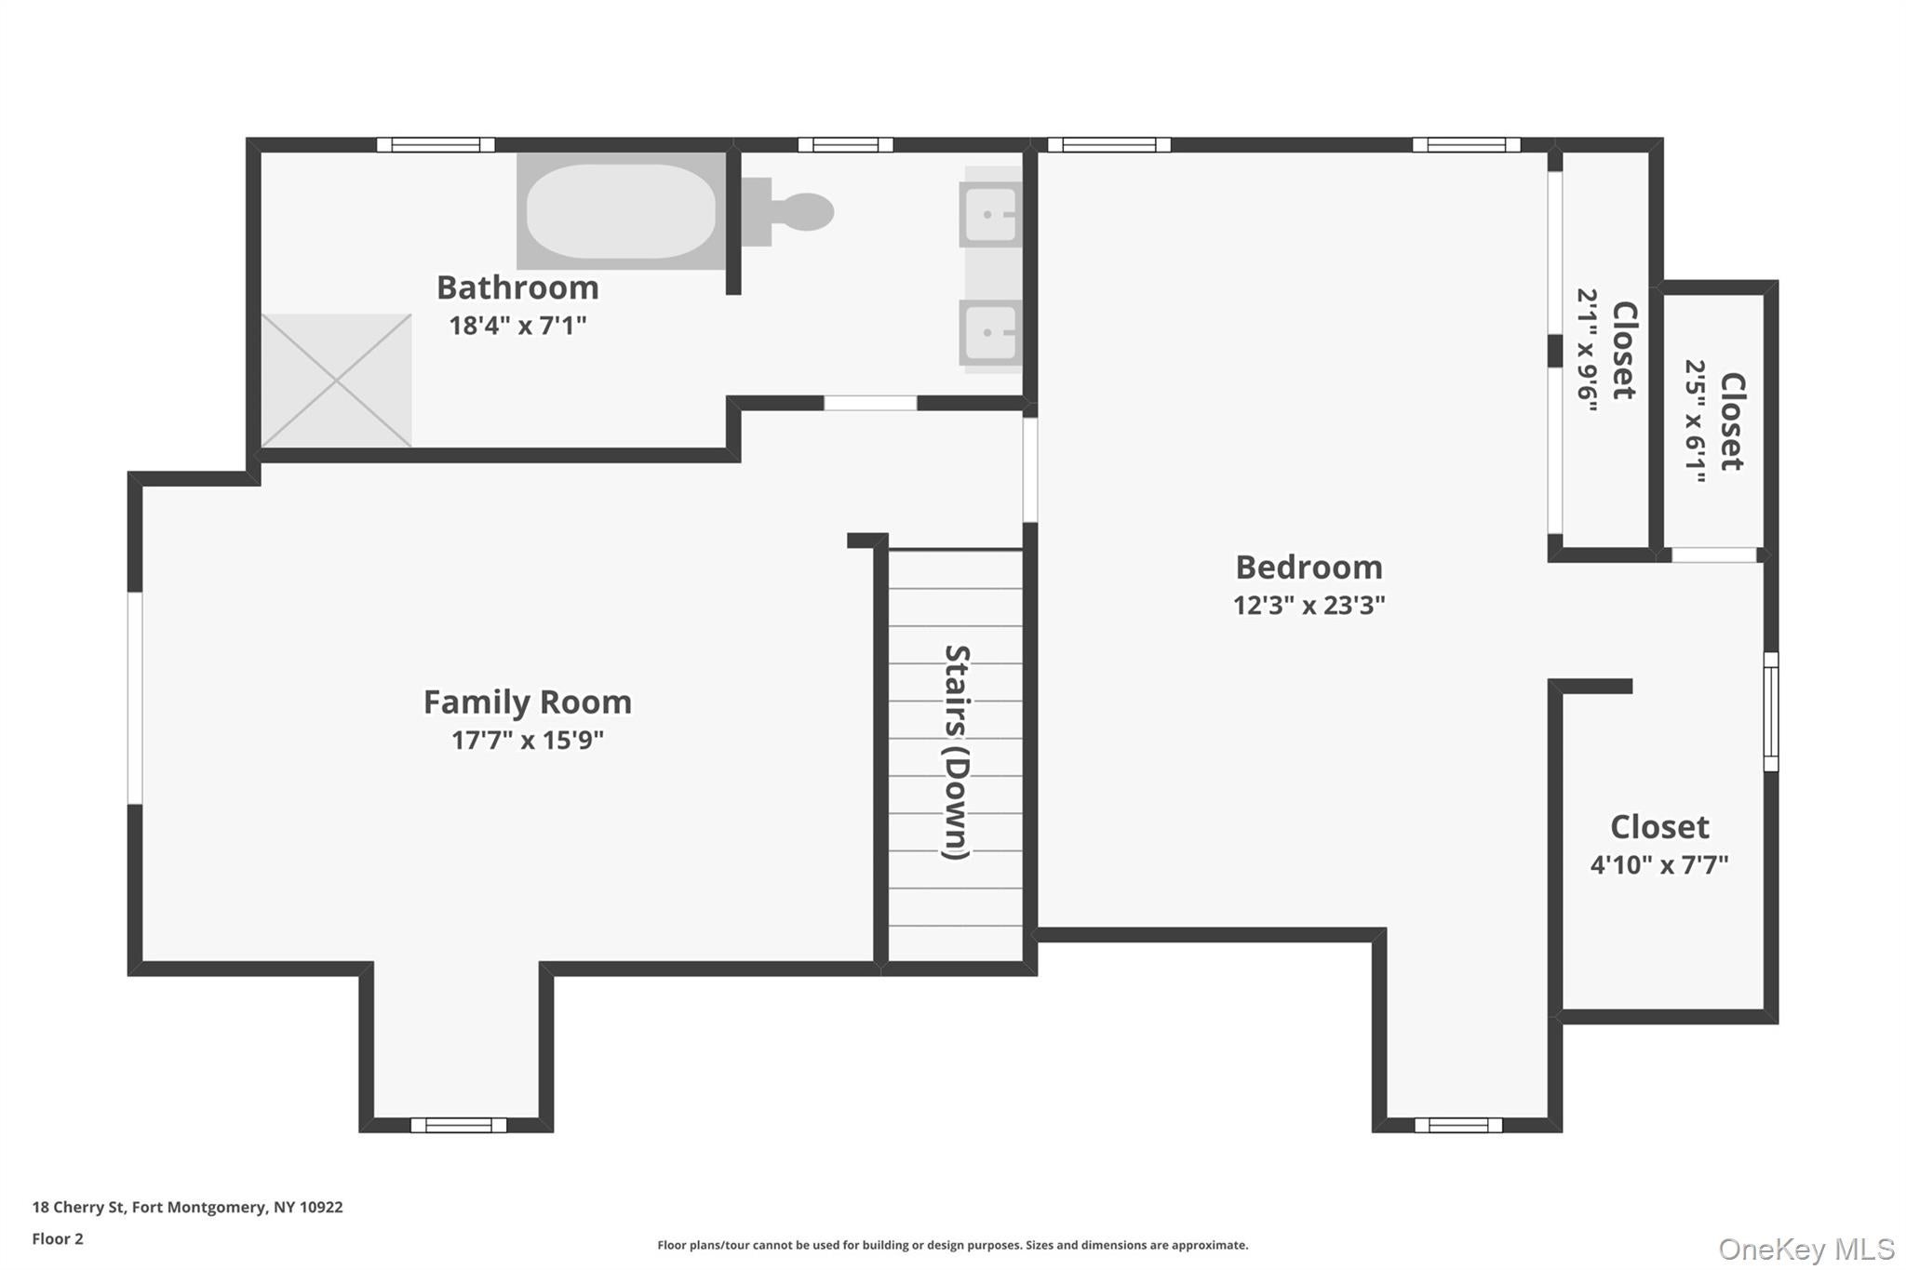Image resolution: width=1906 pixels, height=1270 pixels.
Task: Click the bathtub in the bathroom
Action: tap(621, 211)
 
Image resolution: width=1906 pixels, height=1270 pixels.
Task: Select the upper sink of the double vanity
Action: tap(988, 214)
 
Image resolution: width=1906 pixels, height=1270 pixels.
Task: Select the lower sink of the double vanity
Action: tap(988, 332)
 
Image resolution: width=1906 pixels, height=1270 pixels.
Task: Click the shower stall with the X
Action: tap(336, 381)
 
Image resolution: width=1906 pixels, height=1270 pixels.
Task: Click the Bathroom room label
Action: tap(517, 287)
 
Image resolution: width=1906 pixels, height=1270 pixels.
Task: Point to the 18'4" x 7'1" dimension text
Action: tap(517, 326)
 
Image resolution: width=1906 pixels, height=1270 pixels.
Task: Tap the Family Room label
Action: tap(527, 702)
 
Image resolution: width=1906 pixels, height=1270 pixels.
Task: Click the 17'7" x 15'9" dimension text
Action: tap(527, 741)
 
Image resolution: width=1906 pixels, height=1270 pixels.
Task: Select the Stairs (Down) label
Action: tap(957, 752)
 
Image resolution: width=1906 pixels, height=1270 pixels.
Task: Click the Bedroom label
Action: tap(1308, 567)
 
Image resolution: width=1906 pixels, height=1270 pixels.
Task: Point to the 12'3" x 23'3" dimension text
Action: tap(1308, 606)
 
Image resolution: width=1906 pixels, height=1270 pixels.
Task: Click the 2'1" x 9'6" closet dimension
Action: tap(1587, 350)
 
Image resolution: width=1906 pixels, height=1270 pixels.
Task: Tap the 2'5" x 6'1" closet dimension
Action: tap(1696, 421)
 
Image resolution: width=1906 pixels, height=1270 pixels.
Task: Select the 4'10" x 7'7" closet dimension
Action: tap(1658, 865)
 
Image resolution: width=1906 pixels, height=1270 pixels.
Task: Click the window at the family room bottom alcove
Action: tap(458, 1125)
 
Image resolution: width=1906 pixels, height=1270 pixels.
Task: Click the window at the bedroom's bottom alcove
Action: tap(1457, 1125)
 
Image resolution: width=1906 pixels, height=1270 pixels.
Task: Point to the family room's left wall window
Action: tap(135, 698)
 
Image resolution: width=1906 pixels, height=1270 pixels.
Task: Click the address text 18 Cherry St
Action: tap(187, 1207)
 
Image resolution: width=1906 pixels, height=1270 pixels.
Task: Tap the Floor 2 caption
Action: tap(58, 1238)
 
